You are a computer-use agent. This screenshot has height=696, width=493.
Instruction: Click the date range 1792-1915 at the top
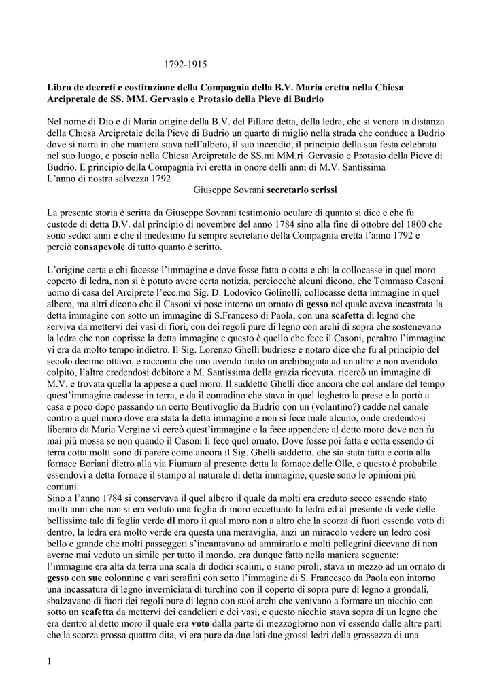tap(186, 65)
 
